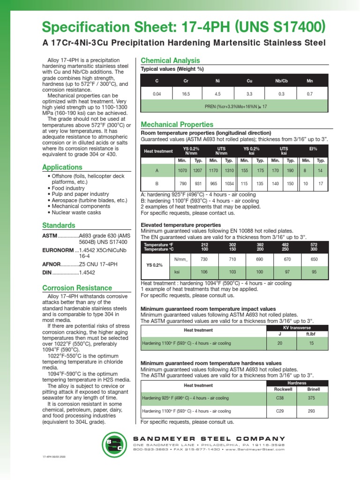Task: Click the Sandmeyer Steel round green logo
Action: click(115, 445)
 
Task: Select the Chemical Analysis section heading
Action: click(170, 60)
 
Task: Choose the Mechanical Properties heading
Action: click(177, 125)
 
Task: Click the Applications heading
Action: click(62, 167)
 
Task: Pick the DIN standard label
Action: click(48, 272)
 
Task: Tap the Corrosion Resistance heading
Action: click(77, 288)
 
